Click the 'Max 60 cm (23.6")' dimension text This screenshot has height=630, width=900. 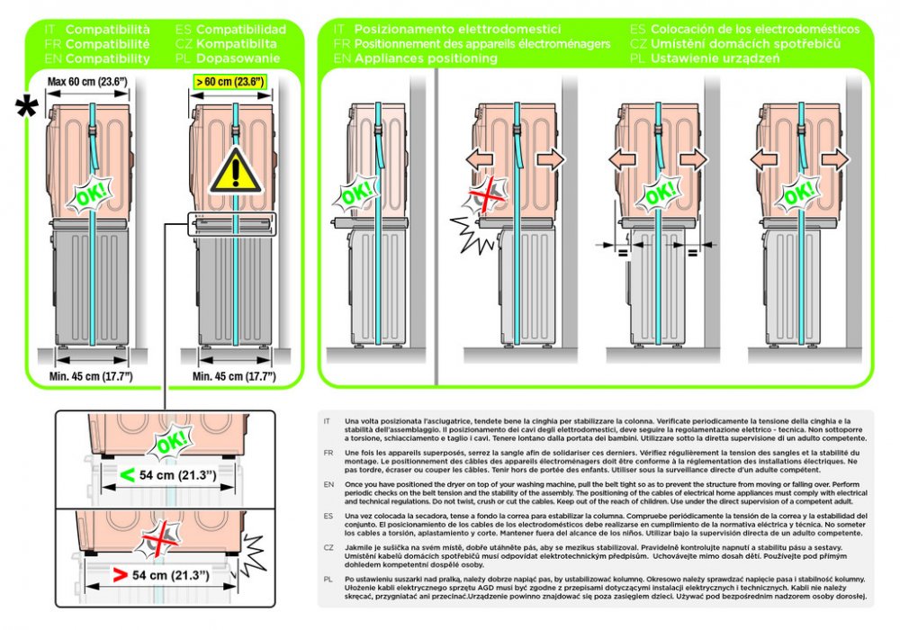[x=88, y=82]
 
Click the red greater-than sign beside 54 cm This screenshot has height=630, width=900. [x=117, y=573]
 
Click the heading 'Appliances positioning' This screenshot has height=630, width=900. [x=417, y=58]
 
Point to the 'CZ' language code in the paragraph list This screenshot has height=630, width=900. [x=328, y=546]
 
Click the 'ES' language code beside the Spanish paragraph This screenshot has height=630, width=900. [x=328, y=515]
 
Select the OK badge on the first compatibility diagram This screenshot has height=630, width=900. [x=89, y=193]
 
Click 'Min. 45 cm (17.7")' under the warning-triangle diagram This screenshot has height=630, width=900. [x=234, y=375]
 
